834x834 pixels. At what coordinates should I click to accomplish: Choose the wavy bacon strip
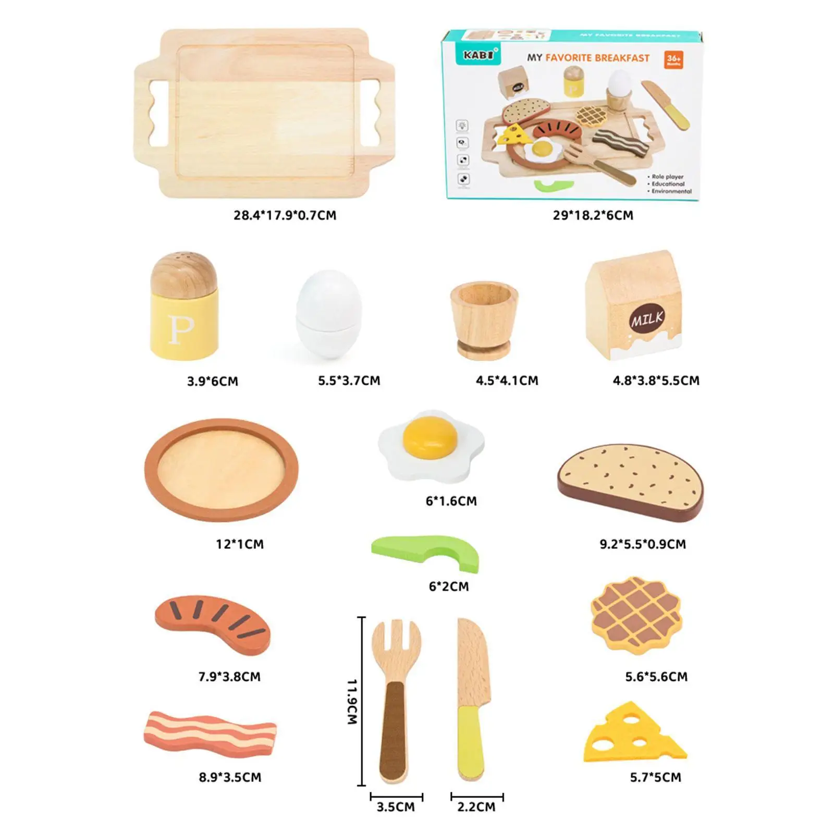coord(210,732)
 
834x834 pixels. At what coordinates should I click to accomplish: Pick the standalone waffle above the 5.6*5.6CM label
coord(636,615)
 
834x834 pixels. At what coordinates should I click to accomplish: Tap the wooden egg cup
coord(484,319)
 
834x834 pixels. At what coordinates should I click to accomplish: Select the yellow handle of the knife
coord(471,740)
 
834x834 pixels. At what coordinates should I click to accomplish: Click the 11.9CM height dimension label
coord(353,701)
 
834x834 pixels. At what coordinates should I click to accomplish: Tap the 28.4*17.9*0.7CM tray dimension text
coord(285,215)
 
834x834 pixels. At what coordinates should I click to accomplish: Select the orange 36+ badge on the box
coord(673,59)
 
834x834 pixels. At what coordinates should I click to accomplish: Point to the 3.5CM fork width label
coord(396,807)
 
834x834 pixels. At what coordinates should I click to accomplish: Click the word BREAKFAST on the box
coord(622,58)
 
